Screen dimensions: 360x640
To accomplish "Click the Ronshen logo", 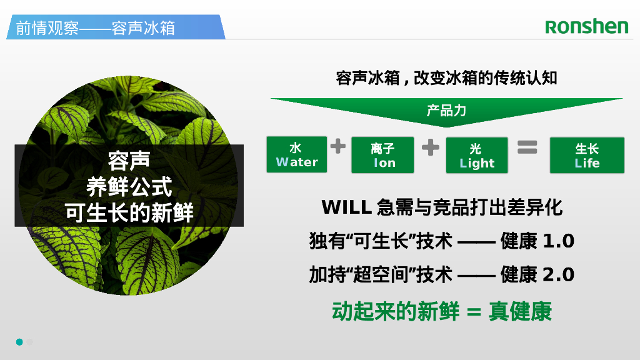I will pyautogui.click(x=586, y=26).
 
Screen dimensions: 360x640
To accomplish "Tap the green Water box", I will pyautogui.click(x=297, y=155).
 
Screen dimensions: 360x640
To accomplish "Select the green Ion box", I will pyautogui.click(x=383, y=156).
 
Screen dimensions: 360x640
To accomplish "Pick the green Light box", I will pyautogui.click(x=477, y=156).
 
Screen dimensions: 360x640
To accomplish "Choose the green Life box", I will pyautogui.click(x=587, y=156).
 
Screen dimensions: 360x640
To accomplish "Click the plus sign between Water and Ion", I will pyautogui.click(x=338, y=147).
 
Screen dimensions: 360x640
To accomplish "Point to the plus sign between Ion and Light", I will pyautogui.click(x=430, y=147).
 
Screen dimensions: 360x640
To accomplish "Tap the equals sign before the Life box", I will pyautogui.click(x=527, y=147).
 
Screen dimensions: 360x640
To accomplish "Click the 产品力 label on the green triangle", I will pyautogui.click(x=446, y=111).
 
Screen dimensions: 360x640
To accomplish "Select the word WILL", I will pyautogui.click(x=346, y=207).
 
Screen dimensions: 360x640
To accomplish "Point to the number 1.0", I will pyautogui.click(x=558, y=241).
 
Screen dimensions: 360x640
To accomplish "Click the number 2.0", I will pyautogui.click(x=558, y=274).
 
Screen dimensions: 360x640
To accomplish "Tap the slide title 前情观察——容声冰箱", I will pyautogui.click(x=95, y=28).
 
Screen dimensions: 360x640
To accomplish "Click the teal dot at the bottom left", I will pyautogui.click(x=19, y=342).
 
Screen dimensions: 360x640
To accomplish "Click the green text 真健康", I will pyautogui.click(x=521, y=311).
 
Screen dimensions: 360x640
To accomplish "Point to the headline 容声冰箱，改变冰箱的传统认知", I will pyautogui.click(x=446, y=79).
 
